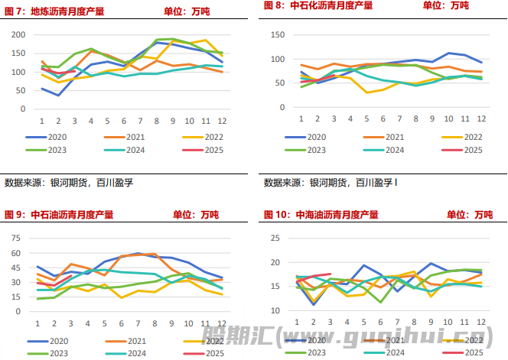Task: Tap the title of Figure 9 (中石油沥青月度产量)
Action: click(59, 215)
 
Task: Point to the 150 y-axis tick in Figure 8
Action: click(279, 35)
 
